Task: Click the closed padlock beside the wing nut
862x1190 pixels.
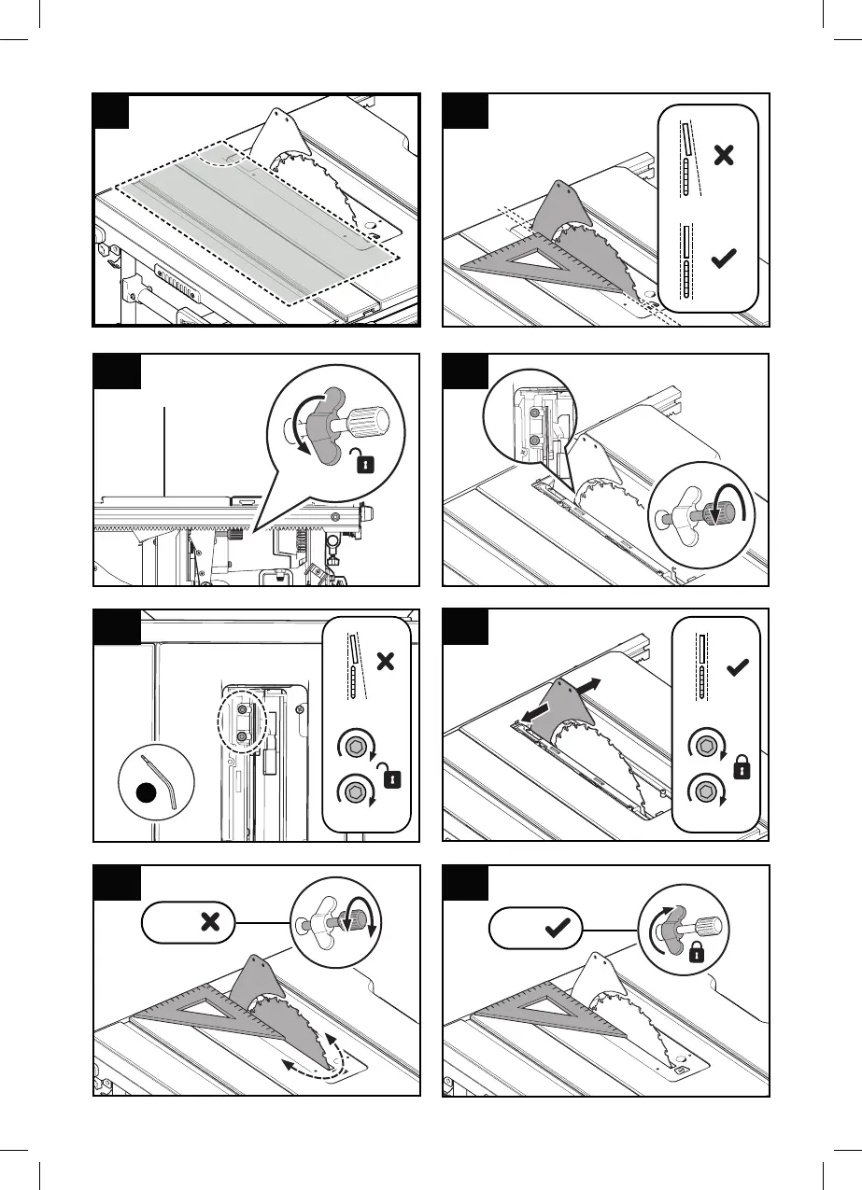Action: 696,952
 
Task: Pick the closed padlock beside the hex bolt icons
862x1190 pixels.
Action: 741,769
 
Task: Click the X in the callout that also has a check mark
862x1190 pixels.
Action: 722,155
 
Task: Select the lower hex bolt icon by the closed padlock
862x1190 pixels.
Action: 703,791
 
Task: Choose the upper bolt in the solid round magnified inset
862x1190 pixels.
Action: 534,412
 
